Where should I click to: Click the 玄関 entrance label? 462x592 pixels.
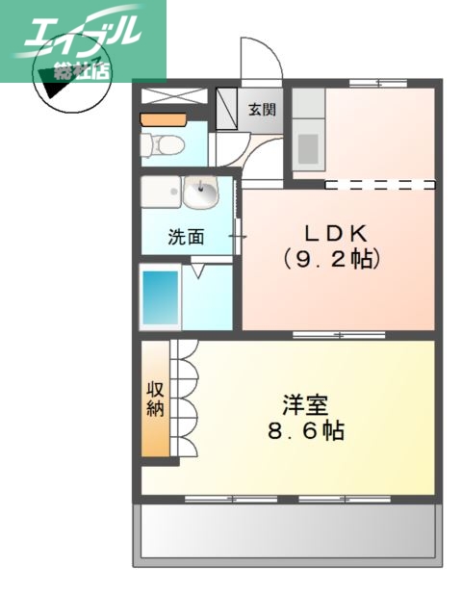(x=262, y=109)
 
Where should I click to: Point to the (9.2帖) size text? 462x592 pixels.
(x=332, y=258)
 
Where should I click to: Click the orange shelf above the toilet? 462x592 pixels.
(x=162, y=120)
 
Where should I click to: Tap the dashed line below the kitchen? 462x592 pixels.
(x=380, y=183)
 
